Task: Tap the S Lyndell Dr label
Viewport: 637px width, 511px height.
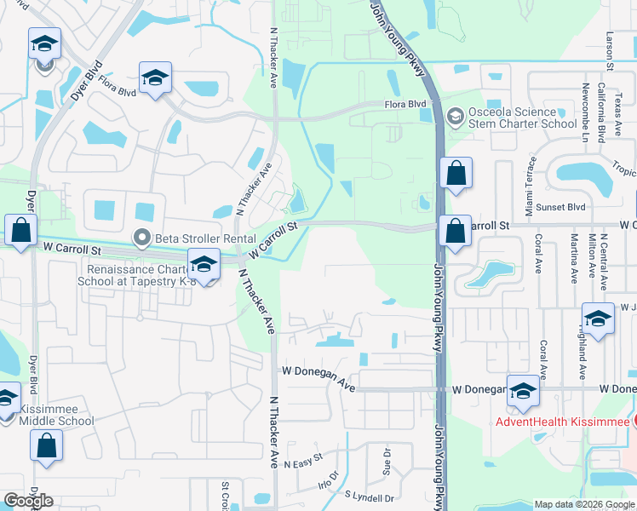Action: tap(370, 497)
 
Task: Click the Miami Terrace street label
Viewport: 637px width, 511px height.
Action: tap(531, 185)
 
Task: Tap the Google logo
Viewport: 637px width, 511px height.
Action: tap(29, 501)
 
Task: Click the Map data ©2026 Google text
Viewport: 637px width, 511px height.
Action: tap(584, 504)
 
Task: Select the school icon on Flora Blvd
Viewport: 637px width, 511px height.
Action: tap(155, 78)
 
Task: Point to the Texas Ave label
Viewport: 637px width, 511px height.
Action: tap(617, 117)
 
